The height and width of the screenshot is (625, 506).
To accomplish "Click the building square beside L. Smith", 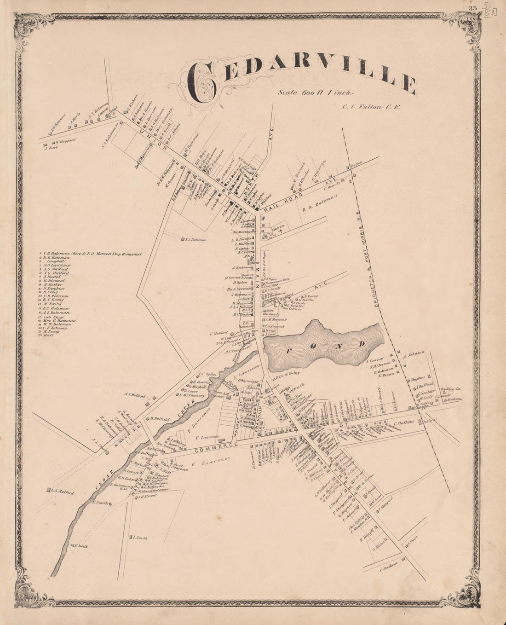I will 131,537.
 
